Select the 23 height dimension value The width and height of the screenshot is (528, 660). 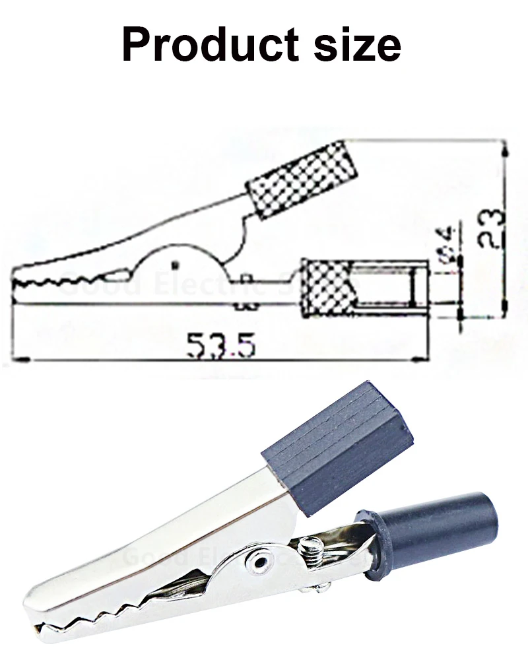491,228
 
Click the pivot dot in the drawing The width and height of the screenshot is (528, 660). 176,265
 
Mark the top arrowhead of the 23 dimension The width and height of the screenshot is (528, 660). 506,148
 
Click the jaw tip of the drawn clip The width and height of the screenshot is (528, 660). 17,284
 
